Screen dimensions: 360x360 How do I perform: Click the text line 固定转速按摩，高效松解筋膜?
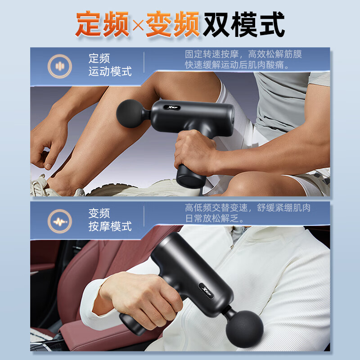(243, 54)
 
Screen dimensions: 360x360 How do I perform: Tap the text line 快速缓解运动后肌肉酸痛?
(237, 65)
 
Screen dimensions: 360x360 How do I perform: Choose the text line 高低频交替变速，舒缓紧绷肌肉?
(247, 208)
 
